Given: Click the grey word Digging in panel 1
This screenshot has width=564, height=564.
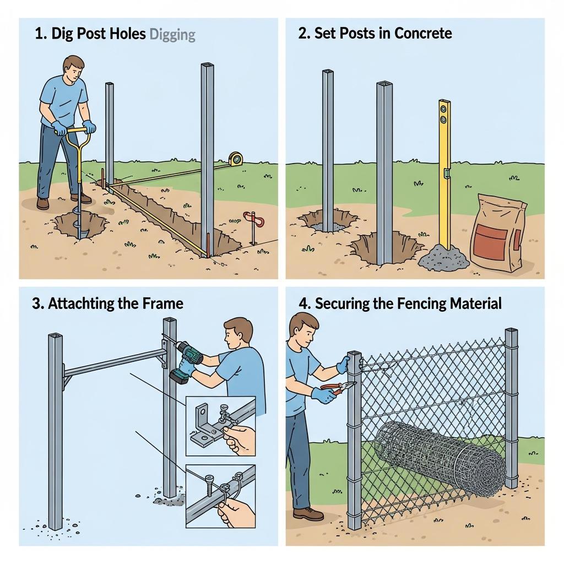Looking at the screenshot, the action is click(172, 35).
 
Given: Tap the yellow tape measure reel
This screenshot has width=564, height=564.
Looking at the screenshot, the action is click(235, 159).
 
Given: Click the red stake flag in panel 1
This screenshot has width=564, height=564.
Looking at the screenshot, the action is click(253, 219).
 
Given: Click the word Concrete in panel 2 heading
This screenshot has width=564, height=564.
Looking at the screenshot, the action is click(423, 34).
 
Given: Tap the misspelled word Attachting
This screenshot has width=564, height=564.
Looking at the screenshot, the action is click(82, 303).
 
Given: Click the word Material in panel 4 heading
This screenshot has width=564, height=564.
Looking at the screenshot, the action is click(475, 303).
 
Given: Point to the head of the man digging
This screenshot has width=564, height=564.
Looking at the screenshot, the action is click(74, 69).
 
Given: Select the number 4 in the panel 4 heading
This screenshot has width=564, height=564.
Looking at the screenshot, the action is click(303, 304).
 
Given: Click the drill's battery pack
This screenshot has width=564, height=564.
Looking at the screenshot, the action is click(179, 376).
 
